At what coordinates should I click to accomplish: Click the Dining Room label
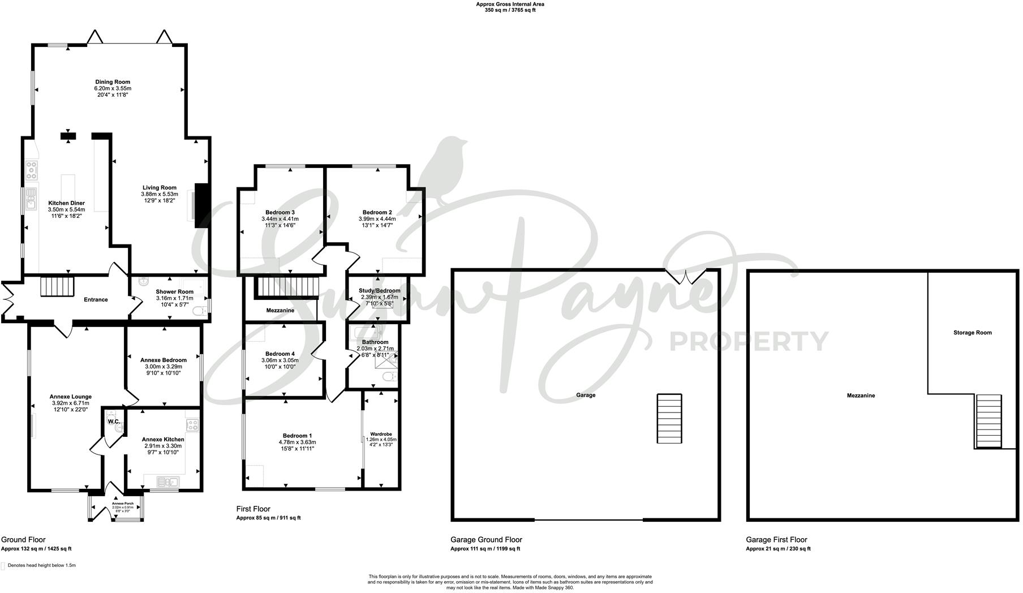pos(113,82)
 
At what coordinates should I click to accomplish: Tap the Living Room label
pos(159,188)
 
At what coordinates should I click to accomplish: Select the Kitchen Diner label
pos(66,203)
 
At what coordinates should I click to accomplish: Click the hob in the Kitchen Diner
pos(31,170)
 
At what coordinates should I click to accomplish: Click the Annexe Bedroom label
pos(164,360)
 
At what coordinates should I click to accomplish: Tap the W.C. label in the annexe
pos(113,422)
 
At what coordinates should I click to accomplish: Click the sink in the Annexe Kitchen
pos(169,482)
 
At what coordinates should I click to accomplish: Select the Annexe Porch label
pos(122,503)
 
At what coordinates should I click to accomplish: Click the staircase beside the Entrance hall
pos(57,286)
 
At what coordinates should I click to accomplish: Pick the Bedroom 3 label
pos(280,213)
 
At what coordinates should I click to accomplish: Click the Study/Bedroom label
pos(379,291)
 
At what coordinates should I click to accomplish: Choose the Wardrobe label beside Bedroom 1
pos(381,434)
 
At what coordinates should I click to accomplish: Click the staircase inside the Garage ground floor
pos(669,419)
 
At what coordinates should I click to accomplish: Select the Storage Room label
pos(972,333)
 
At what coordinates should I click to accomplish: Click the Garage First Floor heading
pos(776,540)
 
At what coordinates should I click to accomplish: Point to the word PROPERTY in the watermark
pos(749,341)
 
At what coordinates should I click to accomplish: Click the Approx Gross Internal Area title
pos(510,4)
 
